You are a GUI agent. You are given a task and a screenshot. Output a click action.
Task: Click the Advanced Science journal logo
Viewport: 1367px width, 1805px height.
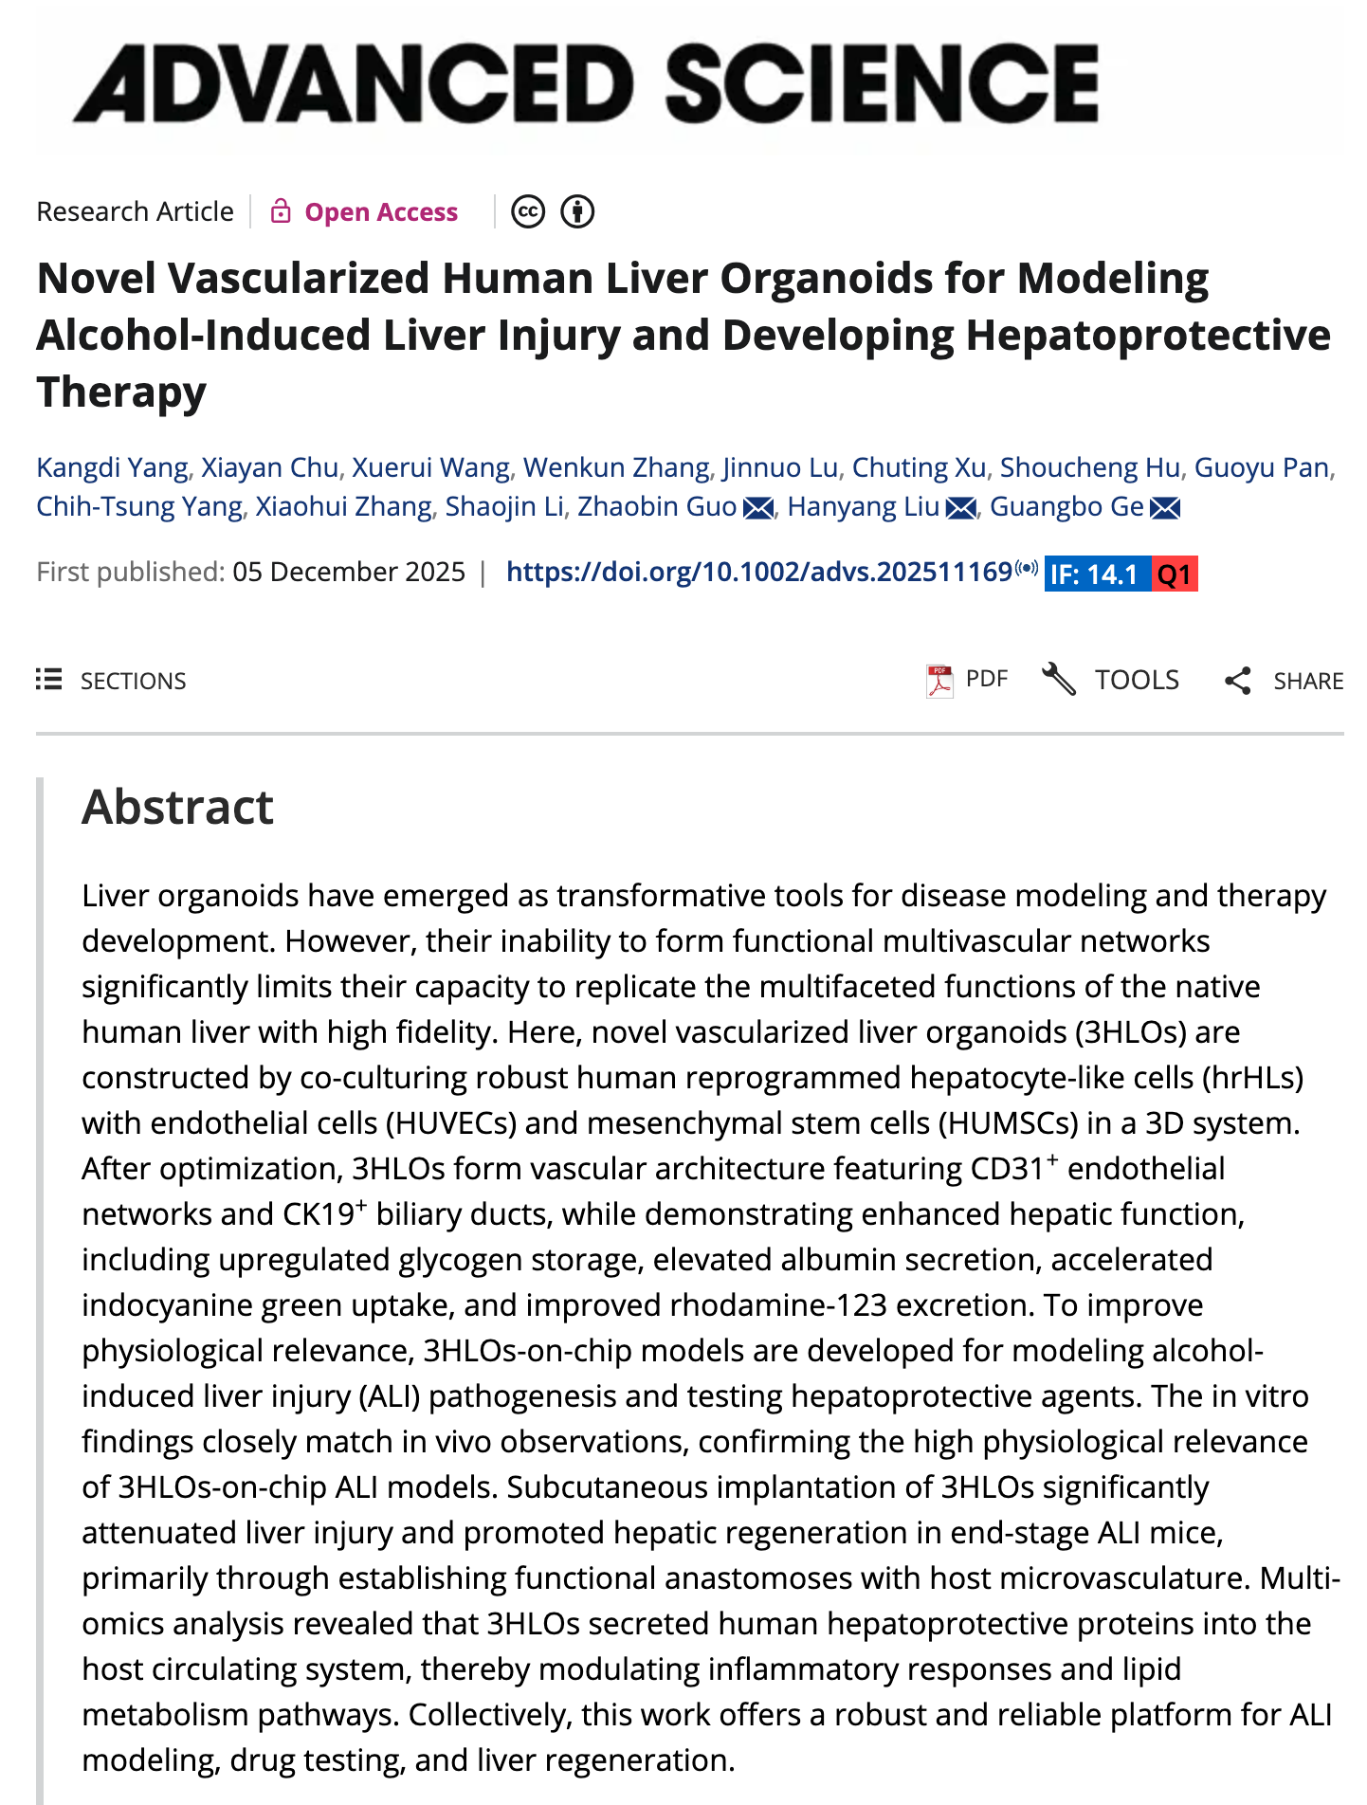(x=585, y=83)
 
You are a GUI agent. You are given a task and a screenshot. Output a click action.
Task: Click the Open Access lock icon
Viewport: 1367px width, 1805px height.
(x=280, y=211)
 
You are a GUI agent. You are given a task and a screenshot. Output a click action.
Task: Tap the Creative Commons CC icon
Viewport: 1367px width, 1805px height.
(x=528, y=211)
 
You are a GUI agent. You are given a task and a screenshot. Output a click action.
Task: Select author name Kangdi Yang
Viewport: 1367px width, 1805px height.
(x=112, y=467)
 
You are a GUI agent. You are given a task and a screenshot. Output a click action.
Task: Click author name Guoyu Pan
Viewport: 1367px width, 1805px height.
(x=1261, y=467)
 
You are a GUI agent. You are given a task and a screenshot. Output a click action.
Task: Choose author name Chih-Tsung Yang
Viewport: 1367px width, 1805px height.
(x=138, y=506)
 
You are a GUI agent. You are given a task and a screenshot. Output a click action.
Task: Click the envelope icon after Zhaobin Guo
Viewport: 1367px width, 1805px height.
(x=758, y=508)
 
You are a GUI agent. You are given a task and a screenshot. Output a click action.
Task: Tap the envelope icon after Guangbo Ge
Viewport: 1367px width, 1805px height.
(x=1165, y=508)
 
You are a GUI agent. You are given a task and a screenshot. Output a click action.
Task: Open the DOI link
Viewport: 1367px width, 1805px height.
(x=758, y=572)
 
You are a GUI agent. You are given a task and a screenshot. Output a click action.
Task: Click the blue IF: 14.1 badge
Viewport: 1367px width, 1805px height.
(x=1096, y=574)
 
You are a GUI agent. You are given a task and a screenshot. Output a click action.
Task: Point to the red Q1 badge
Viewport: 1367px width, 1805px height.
(x=1175, y=574)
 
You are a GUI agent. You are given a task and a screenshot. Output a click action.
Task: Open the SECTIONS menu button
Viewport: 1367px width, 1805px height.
(x=112, y=681)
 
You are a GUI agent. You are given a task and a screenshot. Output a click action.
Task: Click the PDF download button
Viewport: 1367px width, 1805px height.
(x=967, y=680)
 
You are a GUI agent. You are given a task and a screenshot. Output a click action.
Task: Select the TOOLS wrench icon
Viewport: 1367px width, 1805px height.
(x=1059, y=680)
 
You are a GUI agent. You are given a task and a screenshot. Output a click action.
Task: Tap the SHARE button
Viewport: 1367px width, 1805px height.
(x=1284, y=681)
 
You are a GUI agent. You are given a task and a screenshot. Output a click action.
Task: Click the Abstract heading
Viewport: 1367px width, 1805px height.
(x=177, y=807)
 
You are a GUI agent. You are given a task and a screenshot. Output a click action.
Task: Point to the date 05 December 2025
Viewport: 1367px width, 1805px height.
(x=349, y=572)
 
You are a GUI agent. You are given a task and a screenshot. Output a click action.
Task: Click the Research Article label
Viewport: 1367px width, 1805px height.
(x=135, y=211)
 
